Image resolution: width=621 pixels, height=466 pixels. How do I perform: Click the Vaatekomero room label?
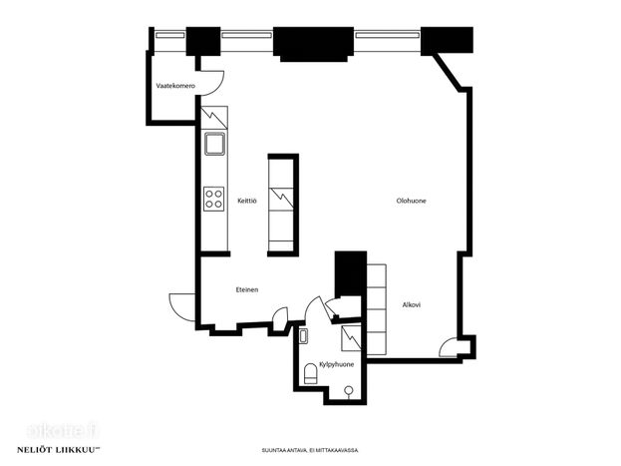tap(175, 86)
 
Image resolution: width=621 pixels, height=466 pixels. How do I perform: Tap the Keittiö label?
tap(247, 201)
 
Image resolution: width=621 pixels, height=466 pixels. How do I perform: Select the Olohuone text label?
tap(411, 201)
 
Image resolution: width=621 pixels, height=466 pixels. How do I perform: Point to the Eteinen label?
tap(247, 290)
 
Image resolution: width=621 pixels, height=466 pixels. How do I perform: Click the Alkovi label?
tap(412, 305)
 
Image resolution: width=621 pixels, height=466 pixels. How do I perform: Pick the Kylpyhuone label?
tap(337, 364)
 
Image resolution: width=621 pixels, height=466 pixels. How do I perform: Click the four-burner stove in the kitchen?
tap(214, 199)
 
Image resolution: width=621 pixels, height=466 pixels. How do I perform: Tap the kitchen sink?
tap(214, 144)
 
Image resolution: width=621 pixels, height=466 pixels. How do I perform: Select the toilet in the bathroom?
tap(311, 374)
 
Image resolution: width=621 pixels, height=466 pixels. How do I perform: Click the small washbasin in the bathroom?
tap(304, 336)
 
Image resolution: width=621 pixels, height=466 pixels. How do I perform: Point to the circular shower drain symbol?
tap(348, 390)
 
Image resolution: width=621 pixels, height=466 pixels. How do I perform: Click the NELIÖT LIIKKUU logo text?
tap(58, 450)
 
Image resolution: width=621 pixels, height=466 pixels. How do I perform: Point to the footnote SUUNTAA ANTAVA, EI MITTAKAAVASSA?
tap(310, 450)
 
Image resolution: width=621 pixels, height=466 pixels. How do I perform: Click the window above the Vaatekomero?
tap(169, 35)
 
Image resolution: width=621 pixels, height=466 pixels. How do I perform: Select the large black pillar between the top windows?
tap(313, 44)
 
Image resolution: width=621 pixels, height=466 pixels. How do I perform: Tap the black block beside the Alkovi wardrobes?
tap(351, 273)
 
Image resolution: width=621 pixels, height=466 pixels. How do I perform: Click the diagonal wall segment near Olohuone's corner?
tap(448, 72)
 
